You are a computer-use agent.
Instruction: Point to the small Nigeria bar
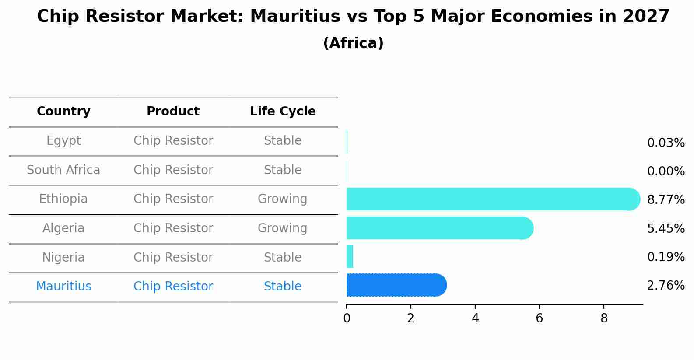click(350, 256)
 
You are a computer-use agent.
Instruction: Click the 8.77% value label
click(666, 200)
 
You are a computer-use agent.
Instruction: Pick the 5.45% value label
click(666, 228)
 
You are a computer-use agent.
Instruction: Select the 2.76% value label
click(666, 286)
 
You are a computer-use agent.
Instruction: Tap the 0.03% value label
click(666, 143)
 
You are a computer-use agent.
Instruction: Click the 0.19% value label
click(666, 257)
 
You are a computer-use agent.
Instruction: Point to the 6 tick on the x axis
click(540, 318)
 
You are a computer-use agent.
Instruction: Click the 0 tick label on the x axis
click(347, 318)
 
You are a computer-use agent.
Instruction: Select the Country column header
click(63, 112)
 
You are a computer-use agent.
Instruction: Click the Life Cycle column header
click(283, 112)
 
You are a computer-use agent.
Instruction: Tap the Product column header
click(173, 112)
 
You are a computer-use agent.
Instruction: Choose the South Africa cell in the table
click(63, 170)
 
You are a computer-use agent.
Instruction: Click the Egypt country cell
click(63, 141)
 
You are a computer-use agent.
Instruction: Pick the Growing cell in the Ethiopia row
click(283, 199)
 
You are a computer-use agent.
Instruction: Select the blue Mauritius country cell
click(63, 287)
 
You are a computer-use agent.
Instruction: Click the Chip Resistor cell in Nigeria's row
click(173, 258)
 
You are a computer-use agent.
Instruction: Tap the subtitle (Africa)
click(353, 43)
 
